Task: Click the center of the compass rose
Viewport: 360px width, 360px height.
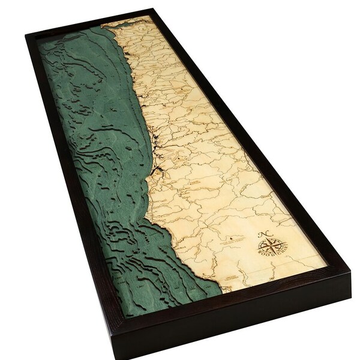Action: tap(271, 246)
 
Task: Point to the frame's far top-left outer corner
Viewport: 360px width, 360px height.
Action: tap(25, 34)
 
